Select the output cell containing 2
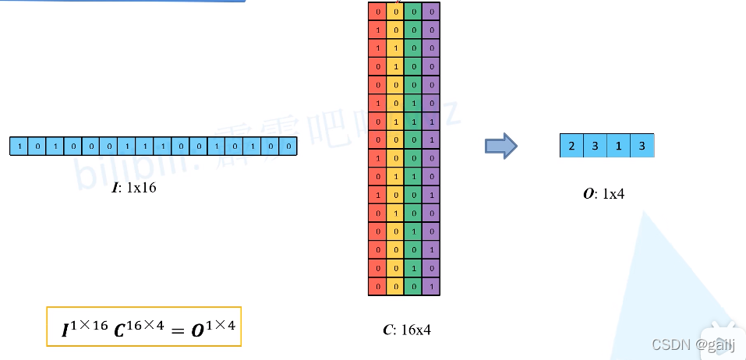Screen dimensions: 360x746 pos(571,146)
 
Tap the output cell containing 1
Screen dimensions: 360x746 pos(618,146)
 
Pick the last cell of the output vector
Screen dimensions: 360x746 pos(642,146)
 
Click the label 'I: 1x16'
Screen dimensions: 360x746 pos(134,188)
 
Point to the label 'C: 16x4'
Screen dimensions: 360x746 pos(407,330)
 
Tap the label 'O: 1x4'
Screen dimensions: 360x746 pos(603,194)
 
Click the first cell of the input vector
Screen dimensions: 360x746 pos(17,146)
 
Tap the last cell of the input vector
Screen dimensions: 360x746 pos(289,146)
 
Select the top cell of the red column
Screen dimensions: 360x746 pos(377,12)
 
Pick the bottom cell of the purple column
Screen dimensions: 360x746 pos(431,287)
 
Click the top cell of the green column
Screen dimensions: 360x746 pos(413,12)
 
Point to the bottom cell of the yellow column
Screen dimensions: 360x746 pos(395,287)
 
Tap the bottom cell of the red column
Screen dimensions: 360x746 pos(377,287)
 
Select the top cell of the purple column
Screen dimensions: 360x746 pos(431,12)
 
